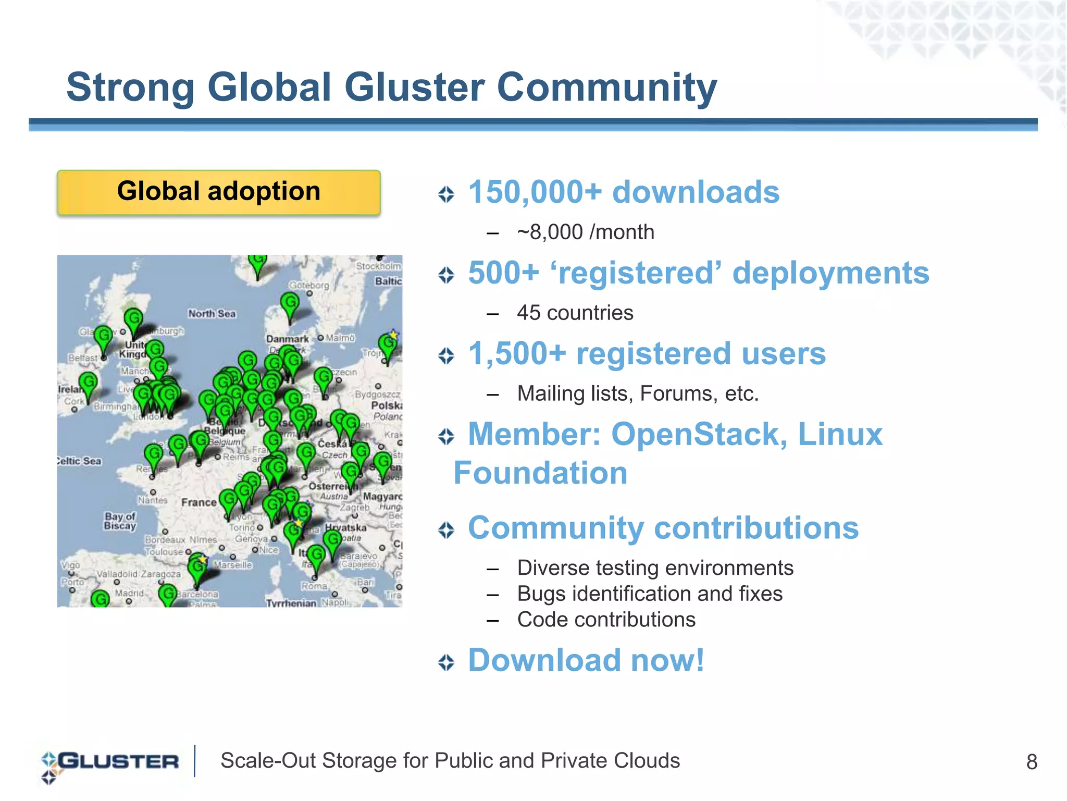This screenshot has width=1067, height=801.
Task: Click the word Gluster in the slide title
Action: [x=415, y=87]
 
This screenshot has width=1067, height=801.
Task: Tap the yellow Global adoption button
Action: [x=219, y=192]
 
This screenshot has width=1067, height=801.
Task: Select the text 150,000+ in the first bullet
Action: [x=535, y=192]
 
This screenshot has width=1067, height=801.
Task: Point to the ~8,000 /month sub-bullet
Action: [x=586, y=232]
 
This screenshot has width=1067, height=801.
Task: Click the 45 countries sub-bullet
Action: [x=575, y=313]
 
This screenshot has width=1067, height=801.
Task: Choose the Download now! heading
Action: [x=586, y=660]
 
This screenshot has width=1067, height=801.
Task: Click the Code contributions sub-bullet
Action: [x=606, y=620]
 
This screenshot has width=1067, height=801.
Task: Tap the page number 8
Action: [x=1032, y=762]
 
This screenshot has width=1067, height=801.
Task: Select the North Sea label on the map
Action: [x=212, y=314]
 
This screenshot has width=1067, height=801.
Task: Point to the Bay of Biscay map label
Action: [x=120, y=521]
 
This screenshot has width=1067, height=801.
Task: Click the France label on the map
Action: [x=198, y=503]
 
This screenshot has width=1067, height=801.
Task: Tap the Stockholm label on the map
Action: [x=378, y=266]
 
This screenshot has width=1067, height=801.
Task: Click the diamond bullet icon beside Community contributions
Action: [x=446, y=530]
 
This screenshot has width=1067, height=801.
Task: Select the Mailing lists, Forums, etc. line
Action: [x=638, y=394]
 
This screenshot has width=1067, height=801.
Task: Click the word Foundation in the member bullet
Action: [x=540, y=473]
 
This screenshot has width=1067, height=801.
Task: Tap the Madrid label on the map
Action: [x=129, y=594]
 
